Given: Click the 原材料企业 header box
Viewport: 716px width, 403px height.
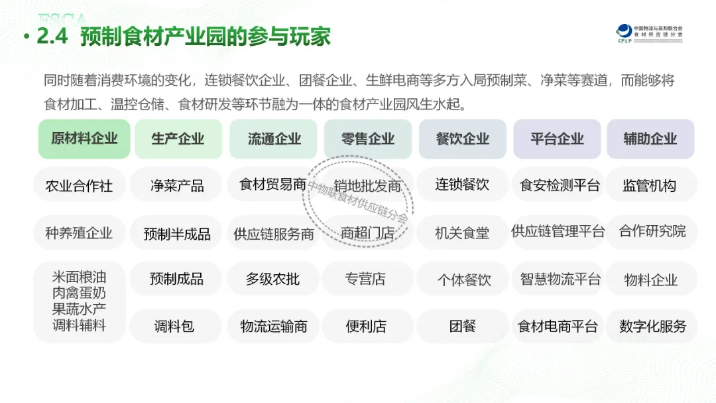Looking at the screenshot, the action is click(84, 139).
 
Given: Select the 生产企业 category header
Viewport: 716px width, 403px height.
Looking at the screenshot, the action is click(178, 139).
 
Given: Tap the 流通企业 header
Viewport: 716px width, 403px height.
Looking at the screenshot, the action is click(274, 139).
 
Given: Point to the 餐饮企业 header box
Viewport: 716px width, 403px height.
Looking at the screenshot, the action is click(463, 139).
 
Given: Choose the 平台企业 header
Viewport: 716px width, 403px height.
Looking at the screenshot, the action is click(557, 139).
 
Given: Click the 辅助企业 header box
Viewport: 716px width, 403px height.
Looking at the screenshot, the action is click(650, 139).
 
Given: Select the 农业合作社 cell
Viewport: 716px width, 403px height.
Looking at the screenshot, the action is click(79, 185).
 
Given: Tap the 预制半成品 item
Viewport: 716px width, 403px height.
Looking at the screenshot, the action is click(177, 233).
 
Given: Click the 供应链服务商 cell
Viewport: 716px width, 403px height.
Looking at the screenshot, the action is click(274, 233).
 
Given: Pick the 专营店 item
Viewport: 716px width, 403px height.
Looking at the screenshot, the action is click(365, 279).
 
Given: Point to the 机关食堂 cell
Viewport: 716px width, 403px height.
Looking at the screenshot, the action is click(462, 233).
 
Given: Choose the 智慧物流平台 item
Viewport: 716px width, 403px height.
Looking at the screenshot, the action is click(560, 279).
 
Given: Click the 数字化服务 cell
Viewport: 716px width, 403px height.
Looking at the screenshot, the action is click(652, 326).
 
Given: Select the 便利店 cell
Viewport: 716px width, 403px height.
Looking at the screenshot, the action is click(366, 326).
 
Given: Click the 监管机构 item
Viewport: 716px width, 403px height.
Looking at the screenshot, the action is click(649, 185).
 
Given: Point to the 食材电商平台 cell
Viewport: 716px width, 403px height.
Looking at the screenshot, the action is click(558, 326).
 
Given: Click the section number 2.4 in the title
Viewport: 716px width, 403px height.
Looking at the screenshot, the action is click(52, 36).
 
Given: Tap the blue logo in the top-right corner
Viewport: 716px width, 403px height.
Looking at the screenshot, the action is click(624, 32).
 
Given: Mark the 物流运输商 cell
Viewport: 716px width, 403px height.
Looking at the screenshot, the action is click(274, 326).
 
